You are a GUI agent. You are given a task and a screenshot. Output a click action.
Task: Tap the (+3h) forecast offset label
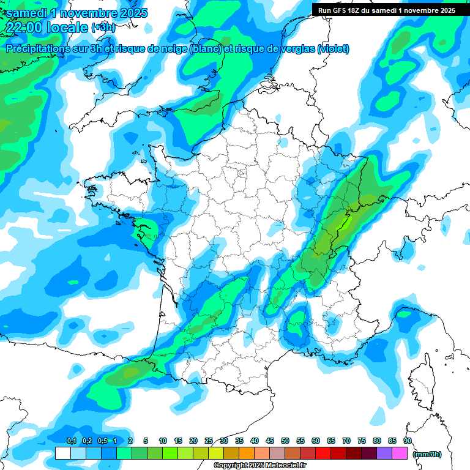tap(103, 28)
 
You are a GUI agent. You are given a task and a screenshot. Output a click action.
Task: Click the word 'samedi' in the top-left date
tap(26, 12)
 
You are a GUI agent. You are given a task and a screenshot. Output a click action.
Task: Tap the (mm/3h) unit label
tap(427, 454)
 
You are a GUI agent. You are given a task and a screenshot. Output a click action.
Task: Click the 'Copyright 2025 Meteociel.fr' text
tap(260, 466)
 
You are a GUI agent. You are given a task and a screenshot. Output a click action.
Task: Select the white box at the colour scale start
tap(62, 453)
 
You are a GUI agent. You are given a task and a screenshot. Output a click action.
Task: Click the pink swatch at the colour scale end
tap(400, 453)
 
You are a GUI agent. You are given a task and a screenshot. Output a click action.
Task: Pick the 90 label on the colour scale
tap(408, 441)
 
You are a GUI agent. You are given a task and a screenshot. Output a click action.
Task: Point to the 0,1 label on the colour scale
tap(71, 441)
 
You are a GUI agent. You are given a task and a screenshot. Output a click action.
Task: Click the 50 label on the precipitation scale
tap(285, 441)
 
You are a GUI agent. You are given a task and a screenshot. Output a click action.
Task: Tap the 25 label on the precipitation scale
tap(209, 441)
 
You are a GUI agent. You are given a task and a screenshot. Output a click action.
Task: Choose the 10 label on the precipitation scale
tap(163, 441)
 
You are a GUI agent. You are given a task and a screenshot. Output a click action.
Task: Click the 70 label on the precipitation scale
tap(346, 441)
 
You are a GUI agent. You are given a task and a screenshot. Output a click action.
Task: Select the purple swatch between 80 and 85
tap(384, 453)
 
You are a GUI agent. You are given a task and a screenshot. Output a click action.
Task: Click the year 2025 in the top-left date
tap(130, 12)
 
